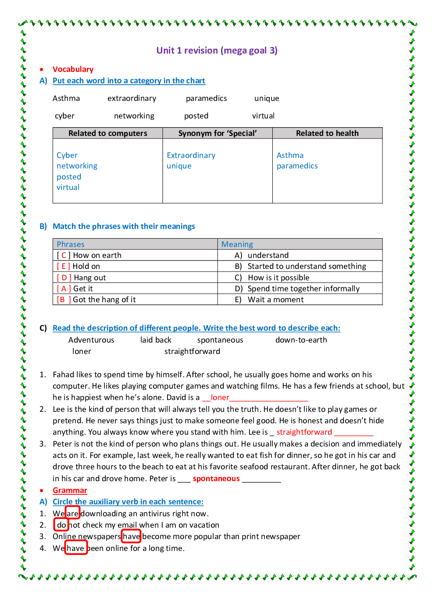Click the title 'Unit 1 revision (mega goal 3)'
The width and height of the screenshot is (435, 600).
coord(217,50)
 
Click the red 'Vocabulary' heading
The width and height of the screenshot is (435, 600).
coord(73,69)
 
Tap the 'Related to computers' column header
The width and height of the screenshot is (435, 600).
coord(107,133)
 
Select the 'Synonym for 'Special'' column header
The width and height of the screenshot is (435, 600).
coord(217,133)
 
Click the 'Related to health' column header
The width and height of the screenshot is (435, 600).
coord(327,133)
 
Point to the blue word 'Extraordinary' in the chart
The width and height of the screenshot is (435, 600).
coord(191,155)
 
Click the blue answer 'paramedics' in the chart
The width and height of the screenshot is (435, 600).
coord(297,166)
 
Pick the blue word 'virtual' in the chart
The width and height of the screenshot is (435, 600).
coord(68,187)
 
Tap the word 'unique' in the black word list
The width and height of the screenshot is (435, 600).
coord(267,98)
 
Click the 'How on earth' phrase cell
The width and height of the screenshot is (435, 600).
coord(97,255)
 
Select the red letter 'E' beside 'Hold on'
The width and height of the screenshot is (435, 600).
coord(64,266)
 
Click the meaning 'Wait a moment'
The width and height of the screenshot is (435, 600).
coord(275,300)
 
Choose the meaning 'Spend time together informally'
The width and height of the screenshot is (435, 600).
coord(303,289)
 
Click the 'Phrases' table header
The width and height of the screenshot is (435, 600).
coord(71,244)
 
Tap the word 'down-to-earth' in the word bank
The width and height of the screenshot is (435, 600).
coord(301,340)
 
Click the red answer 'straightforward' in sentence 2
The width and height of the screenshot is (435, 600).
coord(304,432)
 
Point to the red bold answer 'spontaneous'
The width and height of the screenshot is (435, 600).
coord(216,479)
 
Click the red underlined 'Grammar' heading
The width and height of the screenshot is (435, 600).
coord(70,490)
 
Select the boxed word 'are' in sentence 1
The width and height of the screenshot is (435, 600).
coord(72,514)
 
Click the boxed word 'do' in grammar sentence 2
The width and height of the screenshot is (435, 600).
coord(61,525)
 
